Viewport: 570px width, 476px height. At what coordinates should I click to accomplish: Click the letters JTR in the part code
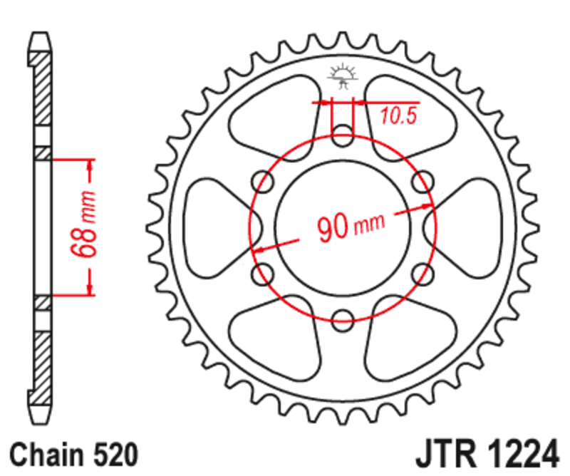pos(445,452)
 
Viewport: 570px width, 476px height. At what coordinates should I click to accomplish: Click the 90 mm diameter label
pos(350,227)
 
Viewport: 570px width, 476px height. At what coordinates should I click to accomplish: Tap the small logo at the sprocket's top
pos(343,76)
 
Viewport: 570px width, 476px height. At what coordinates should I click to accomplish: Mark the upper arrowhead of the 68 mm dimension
pos(90,165)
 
